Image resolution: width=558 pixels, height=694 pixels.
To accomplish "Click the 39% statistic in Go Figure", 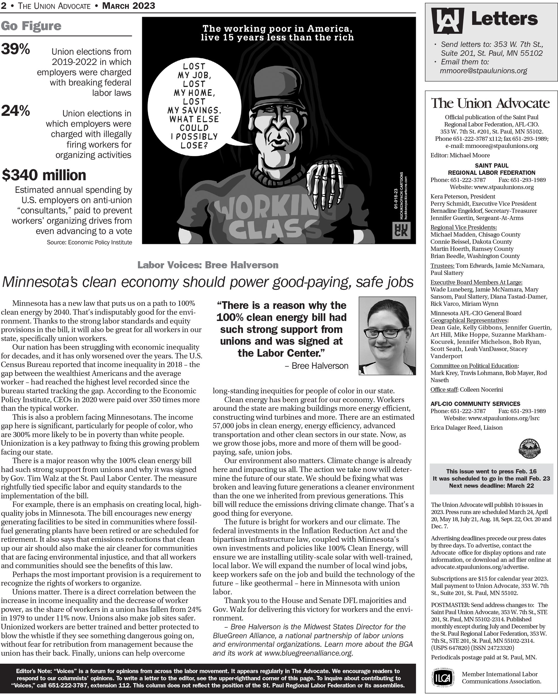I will pyautogui.click(x=15, y=49).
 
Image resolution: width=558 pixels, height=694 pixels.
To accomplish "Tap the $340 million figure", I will pyautogui.click(x=44, y=175).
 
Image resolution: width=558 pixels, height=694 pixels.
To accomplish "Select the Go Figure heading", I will pyautogui.click(x=31, y=26).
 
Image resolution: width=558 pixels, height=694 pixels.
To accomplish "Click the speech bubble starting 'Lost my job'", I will pyautogui.click(x=194, y=106).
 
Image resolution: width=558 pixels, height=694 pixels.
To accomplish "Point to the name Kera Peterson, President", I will pyautogui.click(x=463, y=196).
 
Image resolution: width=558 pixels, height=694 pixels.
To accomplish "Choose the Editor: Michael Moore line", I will pyautogui.click(x=460, y=155).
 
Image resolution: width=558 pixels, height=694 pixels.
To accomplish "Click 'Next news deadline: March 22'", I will pyautogui.click(x=491, y=486).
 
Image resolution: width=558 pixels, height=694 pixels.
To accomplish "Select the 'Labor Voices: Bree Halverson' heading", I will pyautogui.click(x=208, y=265).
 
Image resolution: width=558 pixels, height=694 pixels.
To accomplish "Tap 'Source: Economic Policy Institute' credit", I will pyautogui.click(x=89, y=242).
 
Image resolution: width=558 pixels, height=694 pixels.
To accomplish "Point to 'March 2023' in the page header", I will pyautogui.click(x=128, y=5).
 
